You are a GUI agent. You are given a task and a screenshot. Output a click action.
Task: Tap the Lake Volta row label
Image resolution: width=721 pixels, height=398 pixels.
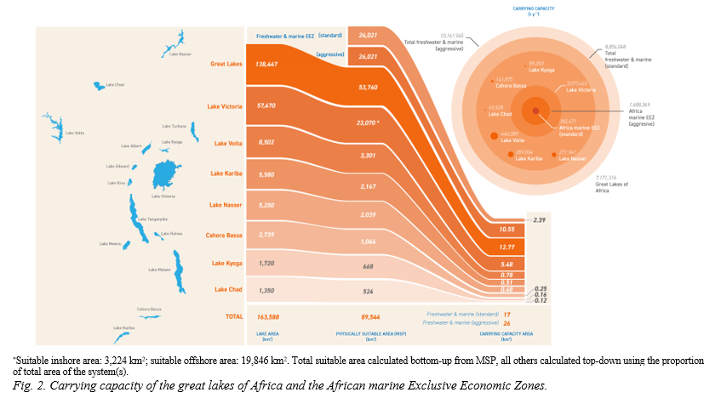pos(228,144)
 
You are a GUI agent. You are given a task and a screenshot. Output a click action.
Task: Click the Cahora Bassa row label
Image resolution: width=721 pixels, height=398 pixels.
pos(225,234)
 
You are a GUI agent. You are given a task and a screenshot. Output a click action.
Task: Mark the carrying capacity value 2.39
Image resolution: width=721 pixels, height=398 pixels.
pos(538,220)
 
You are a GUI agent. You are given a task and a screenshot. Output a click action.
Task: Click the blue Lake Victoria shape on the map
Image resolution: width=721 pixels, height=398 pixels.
pos(163,177)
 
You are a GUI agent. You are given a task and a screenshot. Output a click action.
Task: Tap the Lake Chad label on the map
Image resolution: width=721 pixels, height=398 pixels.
pos(114,85)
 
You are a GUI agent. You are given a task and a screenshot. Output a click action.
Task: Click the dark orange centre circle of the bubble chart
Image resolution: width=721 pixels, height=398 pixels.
pos(535,110)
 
